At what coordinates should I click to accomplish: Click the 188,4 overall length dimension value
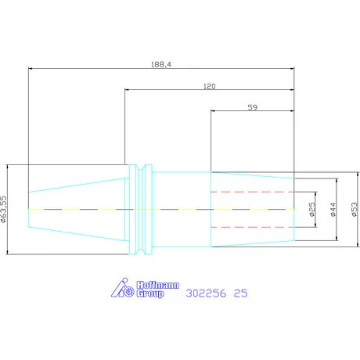coord(161,64)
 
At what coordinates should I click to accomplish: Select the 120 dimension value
coord(210,86)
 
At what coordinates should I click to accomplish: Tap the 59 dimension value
coord(252,107)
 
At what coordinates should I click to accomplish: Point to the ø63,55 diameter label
coord(3,209)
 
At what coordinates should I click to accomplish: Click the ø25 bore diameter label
coord(312,210)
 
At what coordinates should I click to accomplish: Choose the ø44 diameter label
coord(333,210)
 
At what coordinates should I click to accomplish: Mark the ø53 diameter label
coord(355,209)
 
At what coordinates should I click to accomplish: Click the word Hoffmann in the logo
coord(158,285)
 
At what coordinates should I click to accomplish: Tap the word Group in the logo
coord(150,293)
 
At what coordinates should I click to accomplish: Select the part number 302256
coord(206,293)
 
